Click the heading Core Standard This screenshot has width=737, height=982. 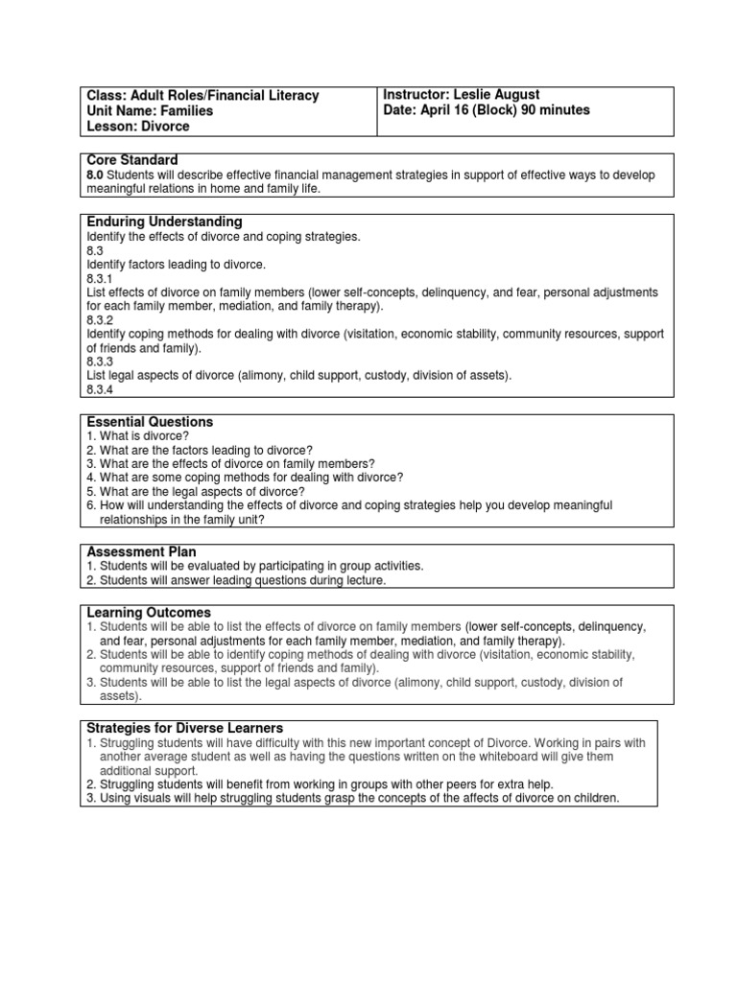(131, 159)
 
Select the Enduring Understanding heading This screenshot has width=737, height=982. (164, 222)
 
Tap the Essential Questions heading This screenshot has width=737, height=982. (150, 422)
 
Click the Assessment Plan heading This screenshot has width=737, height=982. (142, 552)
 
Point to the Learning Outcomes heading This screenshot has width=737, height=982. (149, 613)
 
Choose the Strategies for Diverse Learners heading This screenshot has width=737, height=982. (185, 728)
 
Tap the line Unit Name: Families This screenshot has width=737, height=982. (150, 111)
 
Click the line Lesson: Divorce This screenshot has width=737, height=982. (138, 127)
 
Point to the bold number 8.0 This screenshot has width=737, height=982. (95, 175)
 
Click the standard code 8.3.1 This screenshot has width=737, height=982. (100, 277)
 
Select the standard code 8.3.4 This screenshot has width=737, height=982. (100, 390)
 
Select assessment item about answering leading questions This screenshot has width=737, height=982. (235, 580)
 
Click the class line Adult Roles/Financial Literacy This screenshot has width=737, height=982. (202, 96)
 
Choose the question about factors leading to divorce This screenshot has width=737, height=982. (200, 450)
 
